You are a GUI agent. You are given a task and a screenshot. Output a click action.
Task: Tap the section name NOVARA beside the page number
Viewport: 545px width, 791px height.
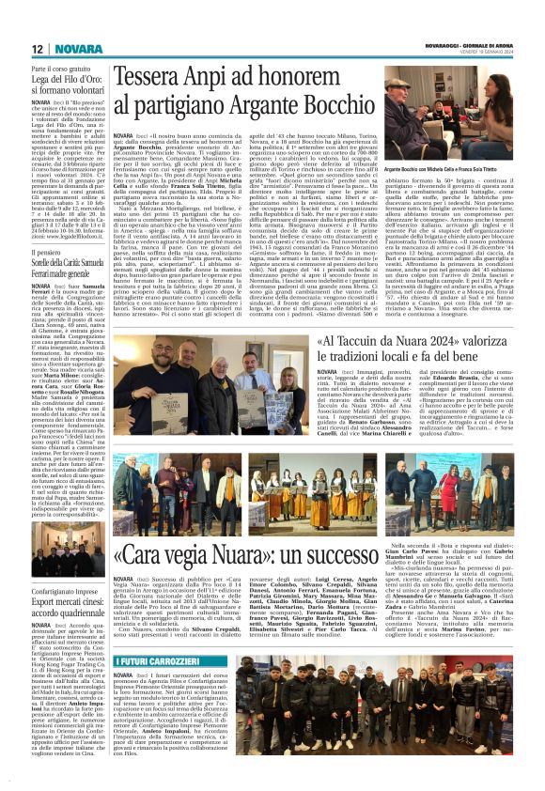pyautogui.click(x=72, y=48)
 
